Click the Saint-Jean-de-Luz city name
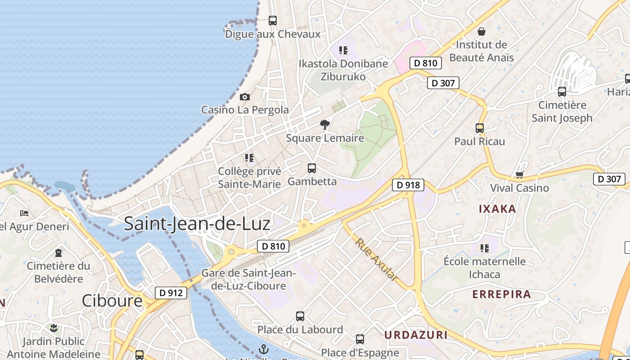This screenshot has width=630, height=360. tap(197, 223)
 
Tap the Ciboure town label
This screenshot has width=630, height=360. tap(112, 301)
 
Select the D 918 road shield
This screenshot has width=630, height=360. tap(408, 184)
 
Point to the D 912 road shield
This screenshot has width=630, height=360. tap(171, 293)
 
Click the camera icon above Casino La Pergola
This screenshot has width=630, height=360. tap(245, 97)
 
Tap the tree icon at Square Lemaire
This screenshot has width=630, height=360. tap(324, 125)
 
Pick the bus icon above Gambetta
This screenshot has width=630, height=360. tap(312, 168)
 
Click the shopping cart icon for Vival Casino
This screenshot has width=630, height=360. tap(519, 175)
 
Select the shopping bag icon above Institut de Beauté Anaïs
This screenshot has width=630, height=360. tap(481, 31)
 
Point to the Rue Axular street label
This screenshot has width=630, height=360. tap(376, 260)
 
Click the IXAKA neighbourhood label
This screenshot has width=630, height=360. tap(497, 209)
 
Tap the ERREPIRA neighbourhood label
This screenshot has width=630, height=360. tap(502, 295)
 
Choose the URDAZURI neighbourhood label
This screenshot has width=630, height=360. tap(416, 335)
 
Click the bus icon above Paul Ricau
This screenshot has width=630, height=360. tap(480, 128)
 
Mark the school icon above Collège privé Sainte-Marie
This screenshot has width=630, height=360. tap(249, 158)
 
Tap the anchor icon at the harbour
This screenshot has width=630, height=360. tap(264, 349)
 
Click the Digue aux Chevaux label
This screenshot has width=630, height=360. tap(273, 34)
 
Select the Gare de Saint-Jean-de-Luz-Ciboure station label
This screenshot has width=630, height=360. tap(248, 279)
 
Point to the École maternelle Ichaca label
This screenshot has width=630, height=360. tap(485, 268)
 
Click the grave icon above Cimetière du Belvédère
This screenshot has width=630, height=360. tap(58, 252)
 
